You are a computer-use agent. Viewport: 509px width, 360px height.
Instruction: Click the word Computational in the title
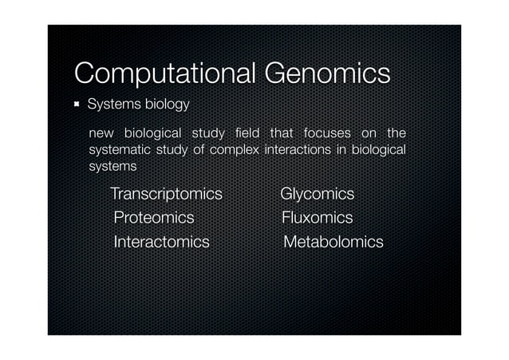162,73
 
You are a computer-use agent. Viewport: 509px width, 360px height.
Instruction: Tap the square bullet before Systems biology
78,105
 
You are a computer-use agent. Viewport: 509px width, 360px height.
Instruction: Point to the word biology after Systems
167,105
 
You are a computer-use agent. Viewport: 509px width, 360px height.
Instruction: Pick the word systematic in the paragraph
122,149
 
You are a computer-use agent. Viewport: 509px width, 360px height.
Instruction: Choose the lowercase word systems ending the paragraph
112,167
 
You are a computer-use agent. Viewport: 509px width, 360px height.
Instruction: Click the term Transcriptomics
166,194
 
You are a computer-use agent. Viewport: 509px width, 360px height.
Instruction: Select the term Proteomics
154,218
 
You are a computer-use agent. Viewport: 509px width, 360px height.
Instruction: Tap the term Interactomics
162,241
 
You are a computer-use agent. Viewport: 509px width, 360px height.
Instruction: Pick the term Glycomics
317,194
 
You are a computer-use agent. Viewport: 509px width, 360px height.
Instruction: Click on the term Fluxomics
317,218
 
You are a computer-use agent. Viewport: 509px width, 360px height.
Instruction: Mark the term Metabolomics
333,241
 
